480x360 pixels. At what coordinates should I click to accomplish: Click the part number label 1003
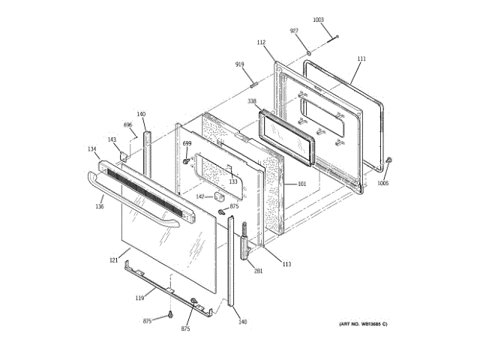(319, 19)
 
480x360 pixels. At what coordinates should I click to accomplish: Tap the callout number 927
(295, 31)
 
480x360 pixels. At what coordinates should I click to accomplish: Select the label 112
(262, 43)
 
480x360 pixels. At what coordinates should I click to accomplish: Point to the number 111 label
(361, 58)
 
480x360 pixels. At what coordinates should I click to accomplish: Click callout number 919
(240, 64)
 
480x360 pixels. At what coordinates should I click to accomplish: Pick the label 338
(252, 101)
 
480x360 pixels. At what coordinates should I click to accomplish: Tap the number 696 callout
(128, 124)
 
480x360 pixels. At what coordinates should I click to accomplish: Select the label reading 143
(112, 139)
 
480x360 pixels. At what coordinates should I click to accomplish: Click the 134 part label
(92, 149)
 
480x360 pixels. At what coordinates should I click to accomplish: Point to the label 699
(187, 143)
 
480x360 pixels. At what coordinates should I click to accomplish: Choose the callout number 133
(232, 181)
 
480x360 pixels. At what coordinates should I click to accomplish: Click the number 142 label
(200, 196)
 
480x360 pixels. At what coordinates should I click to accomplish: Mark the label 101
(302, 184)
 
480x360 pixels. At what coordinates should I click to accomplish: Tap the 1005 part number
(383, 183)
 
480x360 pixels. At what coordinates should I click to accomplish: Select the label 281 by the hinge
(258, 271)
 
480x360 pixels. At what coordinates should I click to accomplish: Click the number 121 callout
(114, 260)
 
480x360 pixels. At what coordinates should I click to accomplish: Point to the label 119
(139, 298)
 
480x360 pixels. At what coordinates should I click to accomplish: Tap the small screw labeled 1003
(337, 36)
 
